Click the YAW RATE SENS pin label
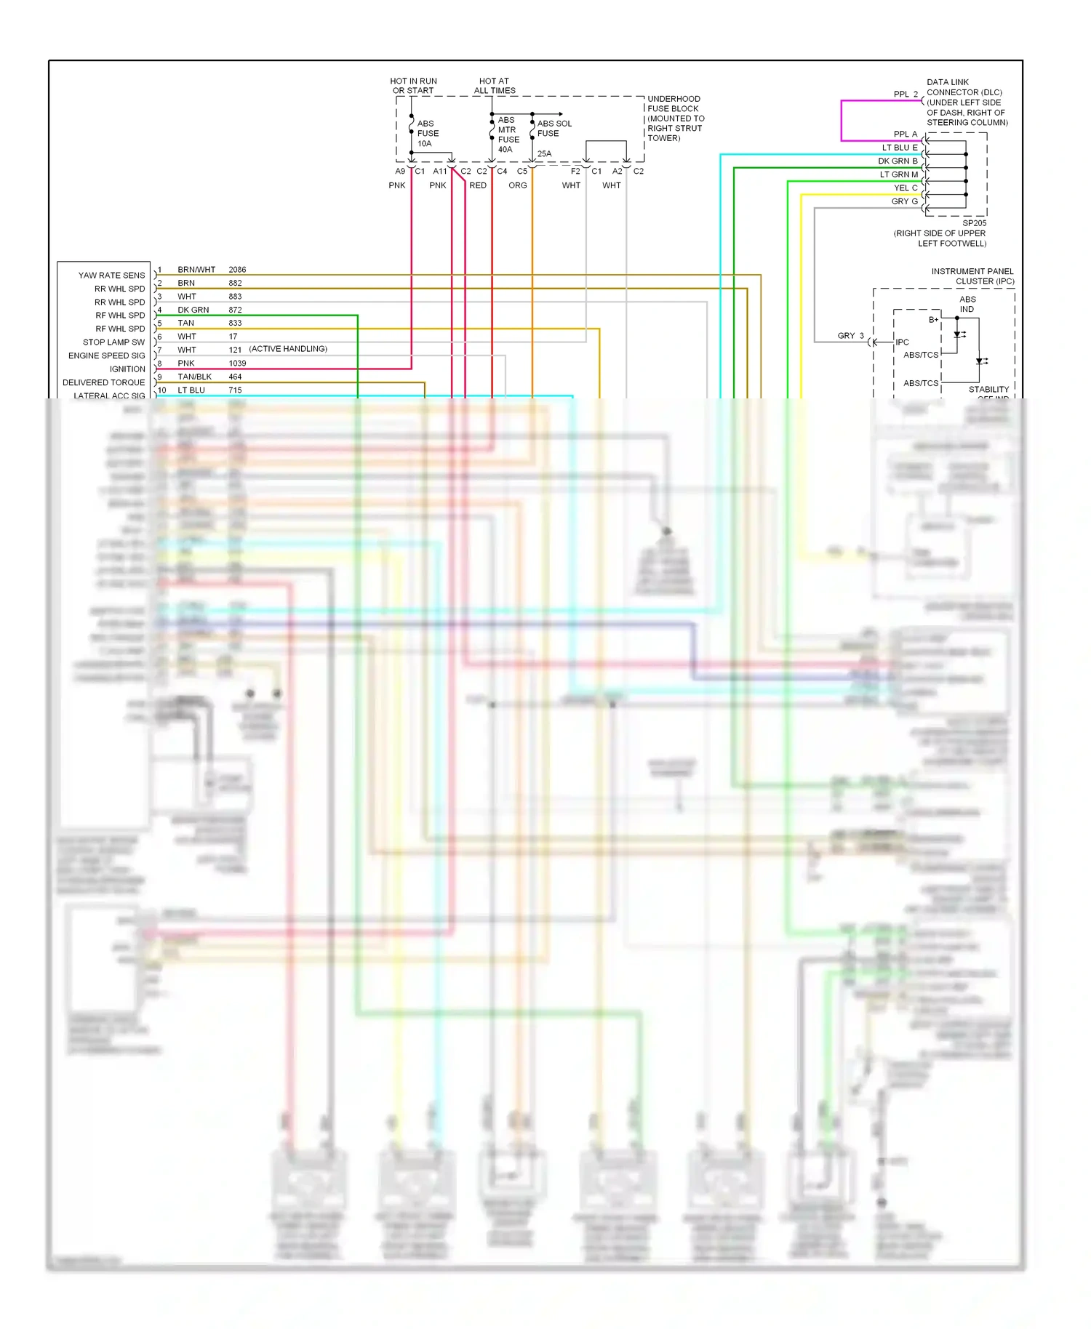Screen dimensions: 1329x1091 [111, 276]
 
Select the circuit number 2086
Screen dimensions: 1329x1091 [237, 270]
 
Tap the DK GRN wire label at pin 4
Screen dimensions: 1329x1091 [193, 310]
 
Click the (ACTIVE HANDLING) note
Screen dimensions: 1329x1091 [288, 349]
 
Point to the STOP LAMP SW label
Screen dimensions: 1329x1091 [113, 342]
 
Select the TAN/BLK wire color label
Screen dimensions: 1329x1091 [194, 377]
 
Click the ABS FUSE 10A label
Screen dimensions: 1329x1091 [428, 134]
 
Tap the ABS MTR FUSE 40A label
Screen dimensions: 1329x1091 [508, 134]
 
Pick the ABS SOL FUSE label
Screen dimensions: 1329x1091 [554, 129]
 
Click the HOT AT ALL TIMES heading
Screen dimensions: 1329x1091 [495, 86]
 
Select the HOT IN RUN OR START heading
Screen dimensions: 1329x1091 [413, 86]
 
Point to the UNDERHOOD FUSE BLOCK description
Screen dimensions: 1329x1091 [676, 119]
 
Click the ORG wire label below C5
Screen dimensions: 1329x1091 [517, 185]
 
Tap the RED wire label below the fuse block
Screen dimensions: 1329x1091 [478, 185]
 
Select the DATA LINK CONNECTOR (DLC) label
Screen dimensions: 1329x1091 [967, 103]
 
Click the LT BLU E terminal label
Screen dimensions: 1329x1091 [900, 148]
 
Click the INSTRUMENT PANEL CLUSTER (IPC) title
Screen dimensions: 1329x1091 [972, 276]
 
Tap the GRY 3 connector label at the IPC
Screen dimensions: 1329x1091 [850, 336]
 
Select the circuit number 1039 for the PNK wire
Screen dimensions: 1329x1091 [237, 364]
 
